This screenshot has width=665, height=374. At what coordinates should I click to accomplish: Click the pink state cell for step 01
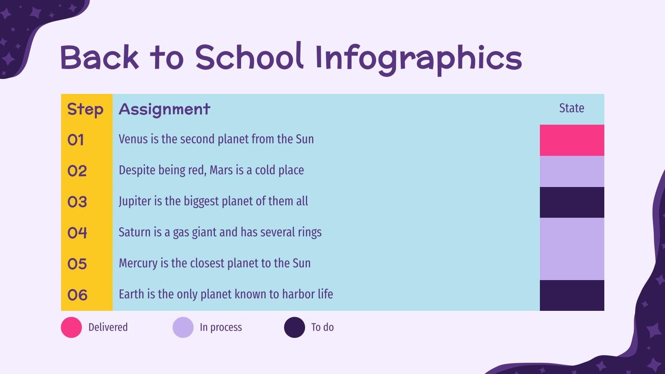pyautogui.click(x=572, y=140)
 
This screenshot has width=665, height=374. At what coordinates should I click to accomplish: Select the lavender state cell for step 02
pyautogui.click(x=572, y=171)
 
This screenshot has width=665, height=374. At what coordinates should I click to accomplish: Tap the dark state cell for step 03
pyautogui.click(x=572, y=202)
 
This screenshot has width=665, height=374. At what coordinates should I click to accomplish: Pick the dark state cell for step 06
pyautogui.click(x=572, y=295)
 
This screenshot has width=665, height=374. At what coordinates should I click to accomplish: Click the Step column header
pyautogui.click(x=85, y=109)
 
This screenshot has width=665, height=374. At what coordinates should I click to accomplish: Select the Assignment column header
pyautogui.click(x=165, y=109)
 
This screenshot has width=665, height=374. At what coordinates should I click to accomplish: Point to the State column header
pyautogui.click(x=571, y=108)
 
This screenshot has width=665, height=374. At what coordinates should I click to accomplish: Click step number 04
pyautogui.click(x=77, y=233)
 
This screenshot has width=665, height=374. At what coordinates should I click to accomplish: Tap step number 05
pyautogui.click(x=77, y=264)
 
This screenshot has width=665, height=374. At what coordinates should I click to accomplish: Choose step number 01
pyautogui.click(x=76, y=140)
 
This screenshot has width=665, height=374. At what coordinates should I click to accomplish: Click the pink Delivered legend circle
pyautogui.click(x=71, y=327)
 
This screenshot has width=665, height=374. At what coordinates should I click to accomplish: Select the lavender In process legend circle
pyautogui.click(x=183, y=327)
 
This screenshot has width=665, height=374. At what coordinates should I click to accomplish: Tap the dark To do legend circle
pyautogui.click(x=294, y=327)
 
